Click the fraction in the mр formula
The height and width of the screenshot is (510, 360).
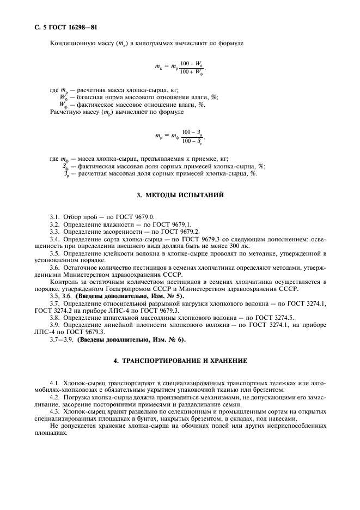[x=194, y=136]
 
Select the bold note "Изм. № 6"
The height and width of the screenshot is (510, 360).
[x=167, y=340]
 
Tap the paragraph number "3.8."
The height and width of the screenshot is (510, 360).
[x=54, y=318]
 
